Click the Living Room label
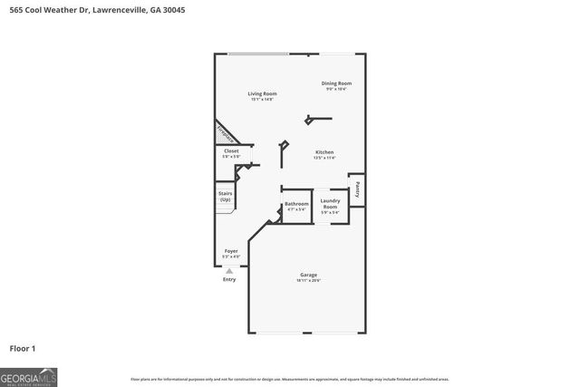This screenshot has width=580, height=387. point(263,93)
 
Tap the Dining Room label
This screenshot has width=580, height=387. point(336,83)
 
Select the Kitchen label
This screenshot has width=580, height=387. point(324,152)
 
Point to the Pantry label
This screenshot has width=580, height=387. point(358,189)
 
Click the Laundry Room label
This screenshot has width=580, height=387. point(330,204)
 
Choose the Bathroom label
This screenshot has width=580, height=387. point(296,204)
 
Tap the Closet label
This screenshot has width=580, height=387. point(231,150)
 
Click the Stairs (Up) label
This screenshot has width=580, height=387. point(226,196)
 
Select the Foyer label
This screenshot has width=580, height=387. point(231,251)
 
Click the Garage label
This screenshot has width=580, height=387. point(309,275)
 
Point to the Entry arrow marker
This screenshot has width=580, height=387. point(229,270)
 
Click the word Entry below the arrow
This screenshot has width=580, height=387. point(229,279)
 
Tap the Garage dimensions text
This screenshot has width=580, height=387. point(309,281)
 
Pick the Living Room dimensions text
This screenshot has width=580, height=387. point(263,99)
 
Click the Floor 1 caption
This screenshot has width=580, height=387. point(22,347)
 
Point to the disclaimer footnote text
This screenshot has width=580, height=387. point(289,379)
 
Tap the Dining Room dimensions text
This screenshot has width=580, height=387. point(336,90)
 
